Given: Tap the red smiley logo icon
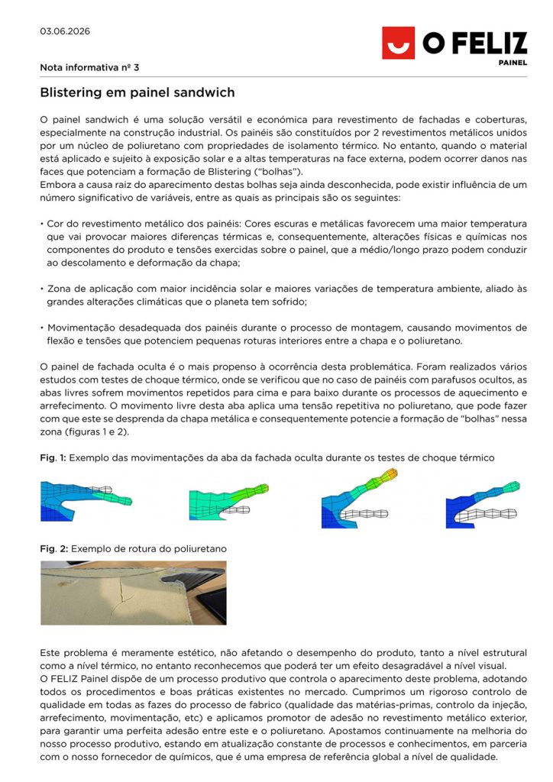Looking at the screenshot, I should (398, 43).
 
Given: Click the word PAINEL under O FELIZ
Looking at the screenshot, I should (511, 63).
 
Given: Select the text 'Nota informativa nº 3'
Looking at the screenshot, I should (89, 68).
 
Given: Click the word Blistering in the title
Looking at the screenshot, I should (71, 93).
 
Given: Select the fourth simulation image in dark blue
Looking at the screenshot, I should (482, 499).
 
